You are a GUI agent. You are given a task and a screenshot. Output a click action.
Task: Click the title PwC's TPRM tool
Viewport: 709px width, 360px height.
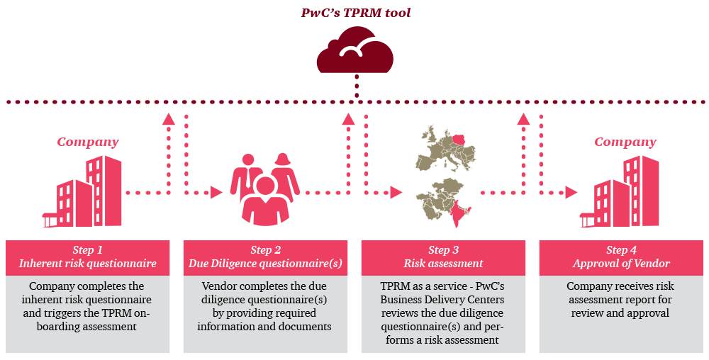tap(355, 13)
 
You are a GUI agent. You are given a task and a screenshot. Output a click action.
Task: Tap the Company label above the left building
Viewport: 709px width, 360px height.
tap(88, 142)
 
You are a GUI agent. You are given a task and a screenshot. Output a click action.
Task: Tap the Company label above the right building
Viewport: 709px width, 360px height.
tap(625, 142)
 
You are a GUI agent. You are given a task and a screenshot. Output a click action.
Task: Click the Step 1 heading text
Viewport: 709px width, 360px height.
tap(87, 250)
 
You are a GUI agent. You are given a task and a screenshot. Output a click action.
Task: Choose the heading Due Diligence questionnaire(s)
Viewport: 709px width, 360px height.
tap(265, 264)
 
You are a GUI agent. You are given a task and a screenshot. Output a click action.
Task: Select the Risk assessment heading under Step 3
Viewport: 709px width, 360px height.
tap(443, 264)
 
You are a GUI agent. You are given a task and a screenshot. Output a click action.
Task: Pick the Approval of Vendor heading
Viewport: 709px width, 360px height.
tap(621, 264)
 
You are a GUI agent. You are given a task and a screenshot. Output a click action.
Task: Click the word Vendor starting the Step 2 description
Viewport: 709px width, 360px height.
tap(218, 286)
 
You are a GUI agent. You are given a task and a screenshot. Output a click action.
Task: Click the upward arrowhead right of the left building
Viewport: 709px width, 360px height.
tap(168, 118)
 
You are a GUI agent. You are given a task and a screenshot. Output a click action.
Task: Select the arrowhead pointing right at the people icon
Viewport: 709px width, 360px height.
tap(217, 192)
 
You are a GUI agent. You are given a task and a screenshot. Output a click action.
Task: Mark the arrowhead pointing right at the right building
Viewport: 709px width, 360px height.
tap(571, 192)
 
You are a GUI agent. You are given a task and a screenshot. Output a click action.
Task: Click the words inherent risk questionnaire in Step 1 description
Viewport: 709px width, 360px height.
tap(88, 300)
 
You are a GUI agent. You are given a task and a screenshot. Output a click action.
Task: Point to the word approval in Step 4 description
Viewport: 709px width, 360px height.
tap(647, 313)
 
